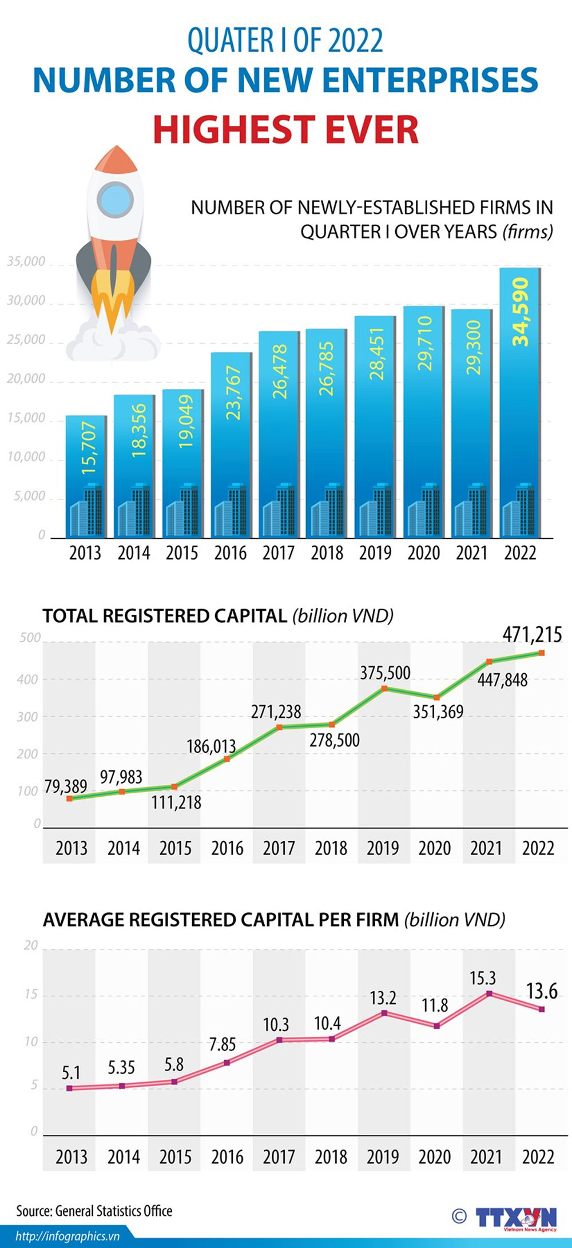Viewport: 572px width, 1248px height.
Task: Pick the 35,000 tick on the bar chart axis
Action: pyautogui.click(x=26, y=262)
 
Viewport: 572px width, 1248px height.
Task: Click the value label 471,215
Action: pyautogui.click(x=532, y=634)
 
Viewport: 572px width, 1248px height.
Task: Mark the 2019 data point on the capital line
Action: pyautogui.click(x=384, y=688)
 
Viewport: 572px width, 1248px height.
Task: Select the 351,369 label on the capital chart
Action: pyautogui.click(x=438, y=712)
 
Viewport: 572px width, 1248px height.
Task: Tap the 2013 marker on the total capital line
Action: pyautogui.click(x=70, y=798)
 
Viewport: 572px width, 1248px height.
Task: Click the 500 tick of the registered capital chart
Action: pyautogui.click(x=30, y=638)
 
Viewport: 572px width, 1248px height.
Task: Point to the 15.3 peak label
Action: pyautogui.click(x=483, y=979)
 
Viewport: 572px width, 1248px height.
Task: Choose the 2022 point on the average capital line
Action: pyautogui.click(x=542, y=1009)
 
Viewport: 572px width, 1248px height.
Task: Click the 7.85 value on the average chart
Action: pyautogui.click(x=222, y=1044)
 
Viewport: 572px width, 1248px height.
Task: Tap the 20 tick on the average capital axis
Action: pyautogui.click(x=30, y=945)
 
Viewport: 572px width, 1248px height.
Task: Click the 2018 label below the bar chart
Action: pyautogui.click(x=327, y=553)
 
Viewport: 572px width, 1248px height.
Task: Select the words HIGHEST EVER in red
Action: pyautogui.click(x=285, y=130)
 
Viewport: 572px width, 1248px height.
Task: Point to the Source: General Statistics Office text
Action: pyautogui.click(x=94, y=1211)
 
